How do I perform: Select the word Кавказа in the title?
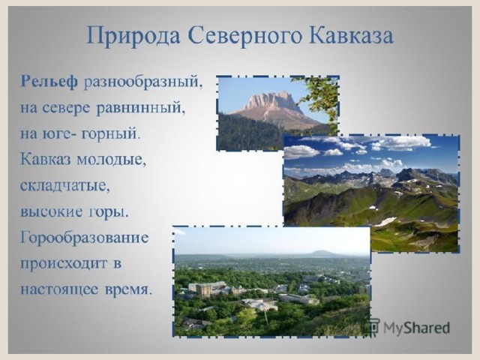(351, 35)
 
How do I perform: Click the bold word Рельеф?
(49, 82)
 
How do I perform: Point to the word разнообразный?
(143, 83)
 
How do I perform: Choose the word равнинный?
(141, 108)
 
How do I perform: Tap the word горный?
(110, 135)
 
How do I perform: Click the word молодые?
(111, 160)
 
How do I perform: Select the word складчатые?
(65, 186)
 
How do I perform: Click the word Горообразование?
(85, 238)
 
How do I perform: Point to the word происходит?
(64, 264)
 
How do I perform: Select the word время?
(128, 289)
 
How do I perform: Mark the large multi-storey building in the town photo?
(208, 289)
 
